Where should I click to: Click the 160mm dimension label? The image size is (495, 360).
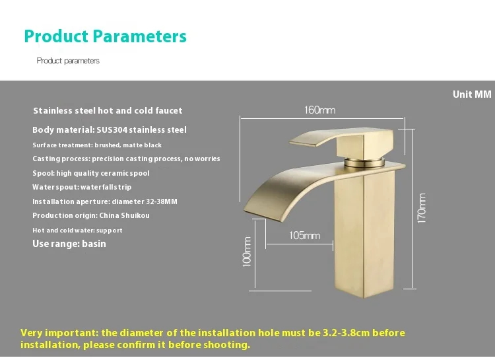coord(319,110)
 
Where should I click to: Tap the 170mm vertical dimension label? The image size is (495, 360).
coord(422,208)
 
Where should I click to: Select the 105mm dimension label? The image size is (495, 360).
coord(304,235)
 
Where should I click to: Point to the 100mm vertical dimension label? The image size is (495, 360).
coord(247,252)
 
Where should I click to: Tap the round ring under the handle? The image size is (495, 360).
coord(364,162)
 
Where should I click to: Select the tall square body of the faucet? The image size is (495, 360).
coord(364,234)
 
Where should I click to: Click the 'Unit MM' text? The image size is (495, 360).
coord(472,94)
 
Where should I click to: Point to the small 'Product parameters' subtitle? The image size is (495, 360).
coord(68,61)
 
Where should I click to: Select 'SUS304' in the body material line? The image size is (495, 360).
coord(112,130)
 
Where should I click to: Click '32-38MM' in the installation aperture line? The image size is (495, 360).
coord(162,201)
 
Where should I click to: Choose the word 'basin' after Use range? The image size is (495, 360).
coord(94,244)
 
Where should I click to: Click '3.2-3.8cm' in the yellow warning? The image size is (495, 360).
coord(346,333)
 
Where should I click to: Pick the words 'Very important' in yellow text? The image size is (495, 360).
coord(59,333)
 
